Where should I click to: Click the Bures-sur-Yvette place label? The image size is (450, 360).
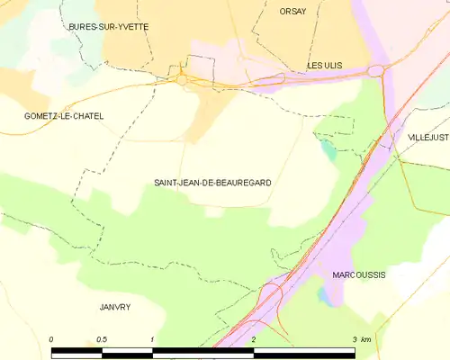(109, 27)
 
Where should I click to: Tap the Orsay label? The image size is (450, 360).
(292, 11)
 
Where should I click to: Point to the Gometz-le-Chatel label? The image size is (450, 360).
(64, 116)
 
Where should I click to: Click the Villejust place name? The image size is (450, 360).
(427, 137)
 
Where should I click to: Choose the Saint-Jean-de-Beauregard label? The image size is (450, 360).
(212, 183)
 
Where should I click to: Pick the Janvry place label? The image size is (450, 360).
(114, 307)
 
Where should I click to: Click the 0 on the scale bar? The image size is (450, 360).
(51, 339)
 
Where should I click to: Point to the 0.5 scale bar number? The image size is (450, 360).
(102, 339)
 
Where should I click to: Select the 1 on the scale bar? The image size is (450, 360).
(153, 339)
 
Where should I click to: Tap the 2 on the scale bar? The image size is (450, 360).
(255, 339)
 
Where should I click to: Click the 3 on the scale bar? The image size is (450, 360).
(355, 339)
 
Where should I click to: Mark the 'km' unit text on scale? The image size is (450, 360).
(365, 339)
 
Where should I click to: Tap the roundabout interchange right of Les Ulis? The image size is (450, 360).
(374, 69)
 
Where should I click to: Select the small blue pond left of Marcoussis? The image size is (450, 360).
(324, 296)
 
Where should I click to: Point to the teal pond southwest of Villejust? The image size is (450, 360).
(329, 150)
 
